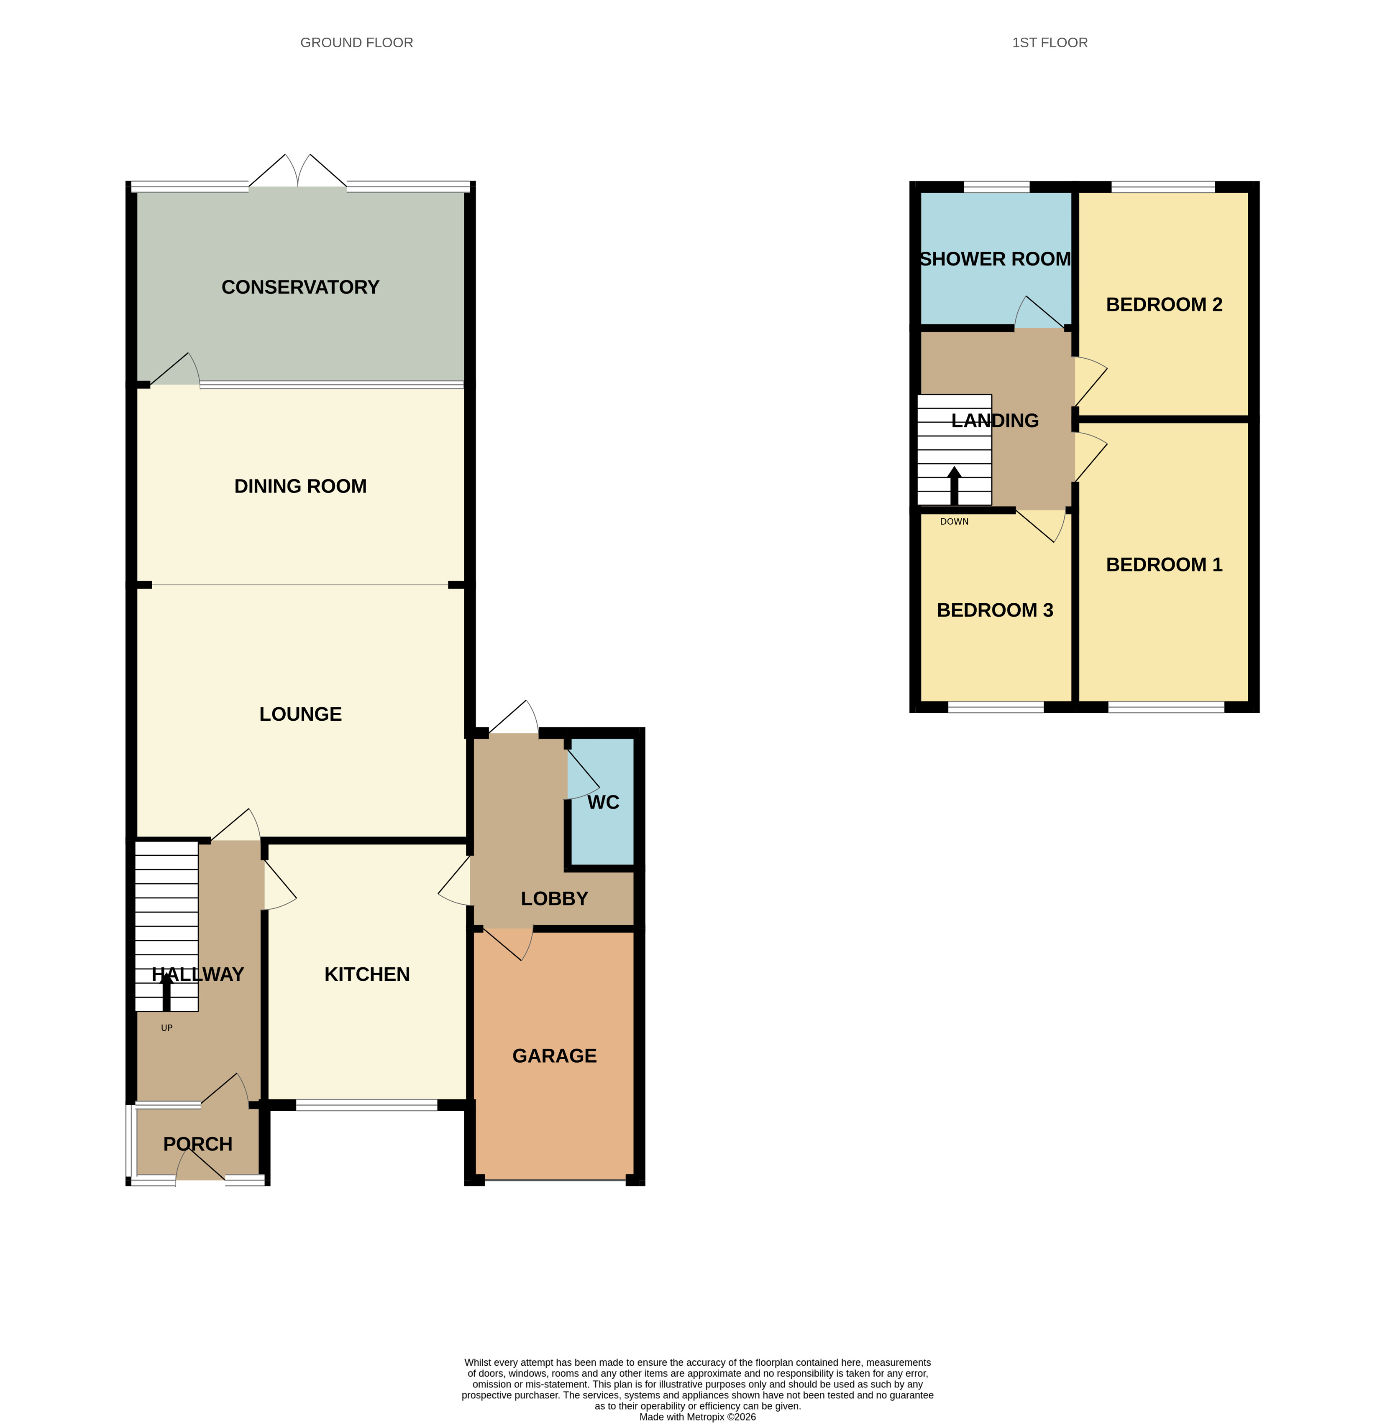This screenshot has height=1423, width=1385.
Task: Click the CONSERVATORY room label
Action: pyautogui.click(x=300, y=287)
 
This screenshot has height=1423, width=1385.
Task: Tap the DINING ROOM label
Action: pyautogui.click(x=300, y=487)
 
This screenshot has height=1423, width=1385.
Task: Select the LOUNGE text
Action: pyautogui.click(x=300, y=714)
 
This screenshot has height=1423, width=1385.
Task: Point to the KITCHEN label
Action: pyautogui.click(x=367, y=974)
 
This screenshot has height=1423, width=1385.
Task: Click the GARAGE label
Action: pyautogui.click(x=554, y=1056)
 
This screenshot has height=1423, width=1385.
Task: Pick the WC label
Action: pyautogui.click(x=604, y=802)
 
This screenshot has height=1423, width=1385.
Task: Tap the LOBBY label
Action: pyautogui.click(x=554, y=899)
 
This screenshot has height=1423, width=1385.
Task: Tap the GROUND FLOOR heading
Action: pyautogui.click(x=356, y=43)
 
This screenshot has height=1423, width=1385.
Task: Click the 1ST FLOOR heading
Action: pyautogui.click(x=1050, y=43)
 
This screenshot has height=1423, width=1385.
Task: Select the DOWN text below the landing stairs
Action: pyautogui.click(x=955, y=521)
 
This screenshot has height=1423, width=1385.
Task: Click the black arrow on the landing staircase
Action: pyautogui.click(x=955, y=486)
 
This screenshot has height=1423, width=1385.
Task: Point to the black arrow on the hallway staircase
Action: pyautogui.click(x=166, y=991)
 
